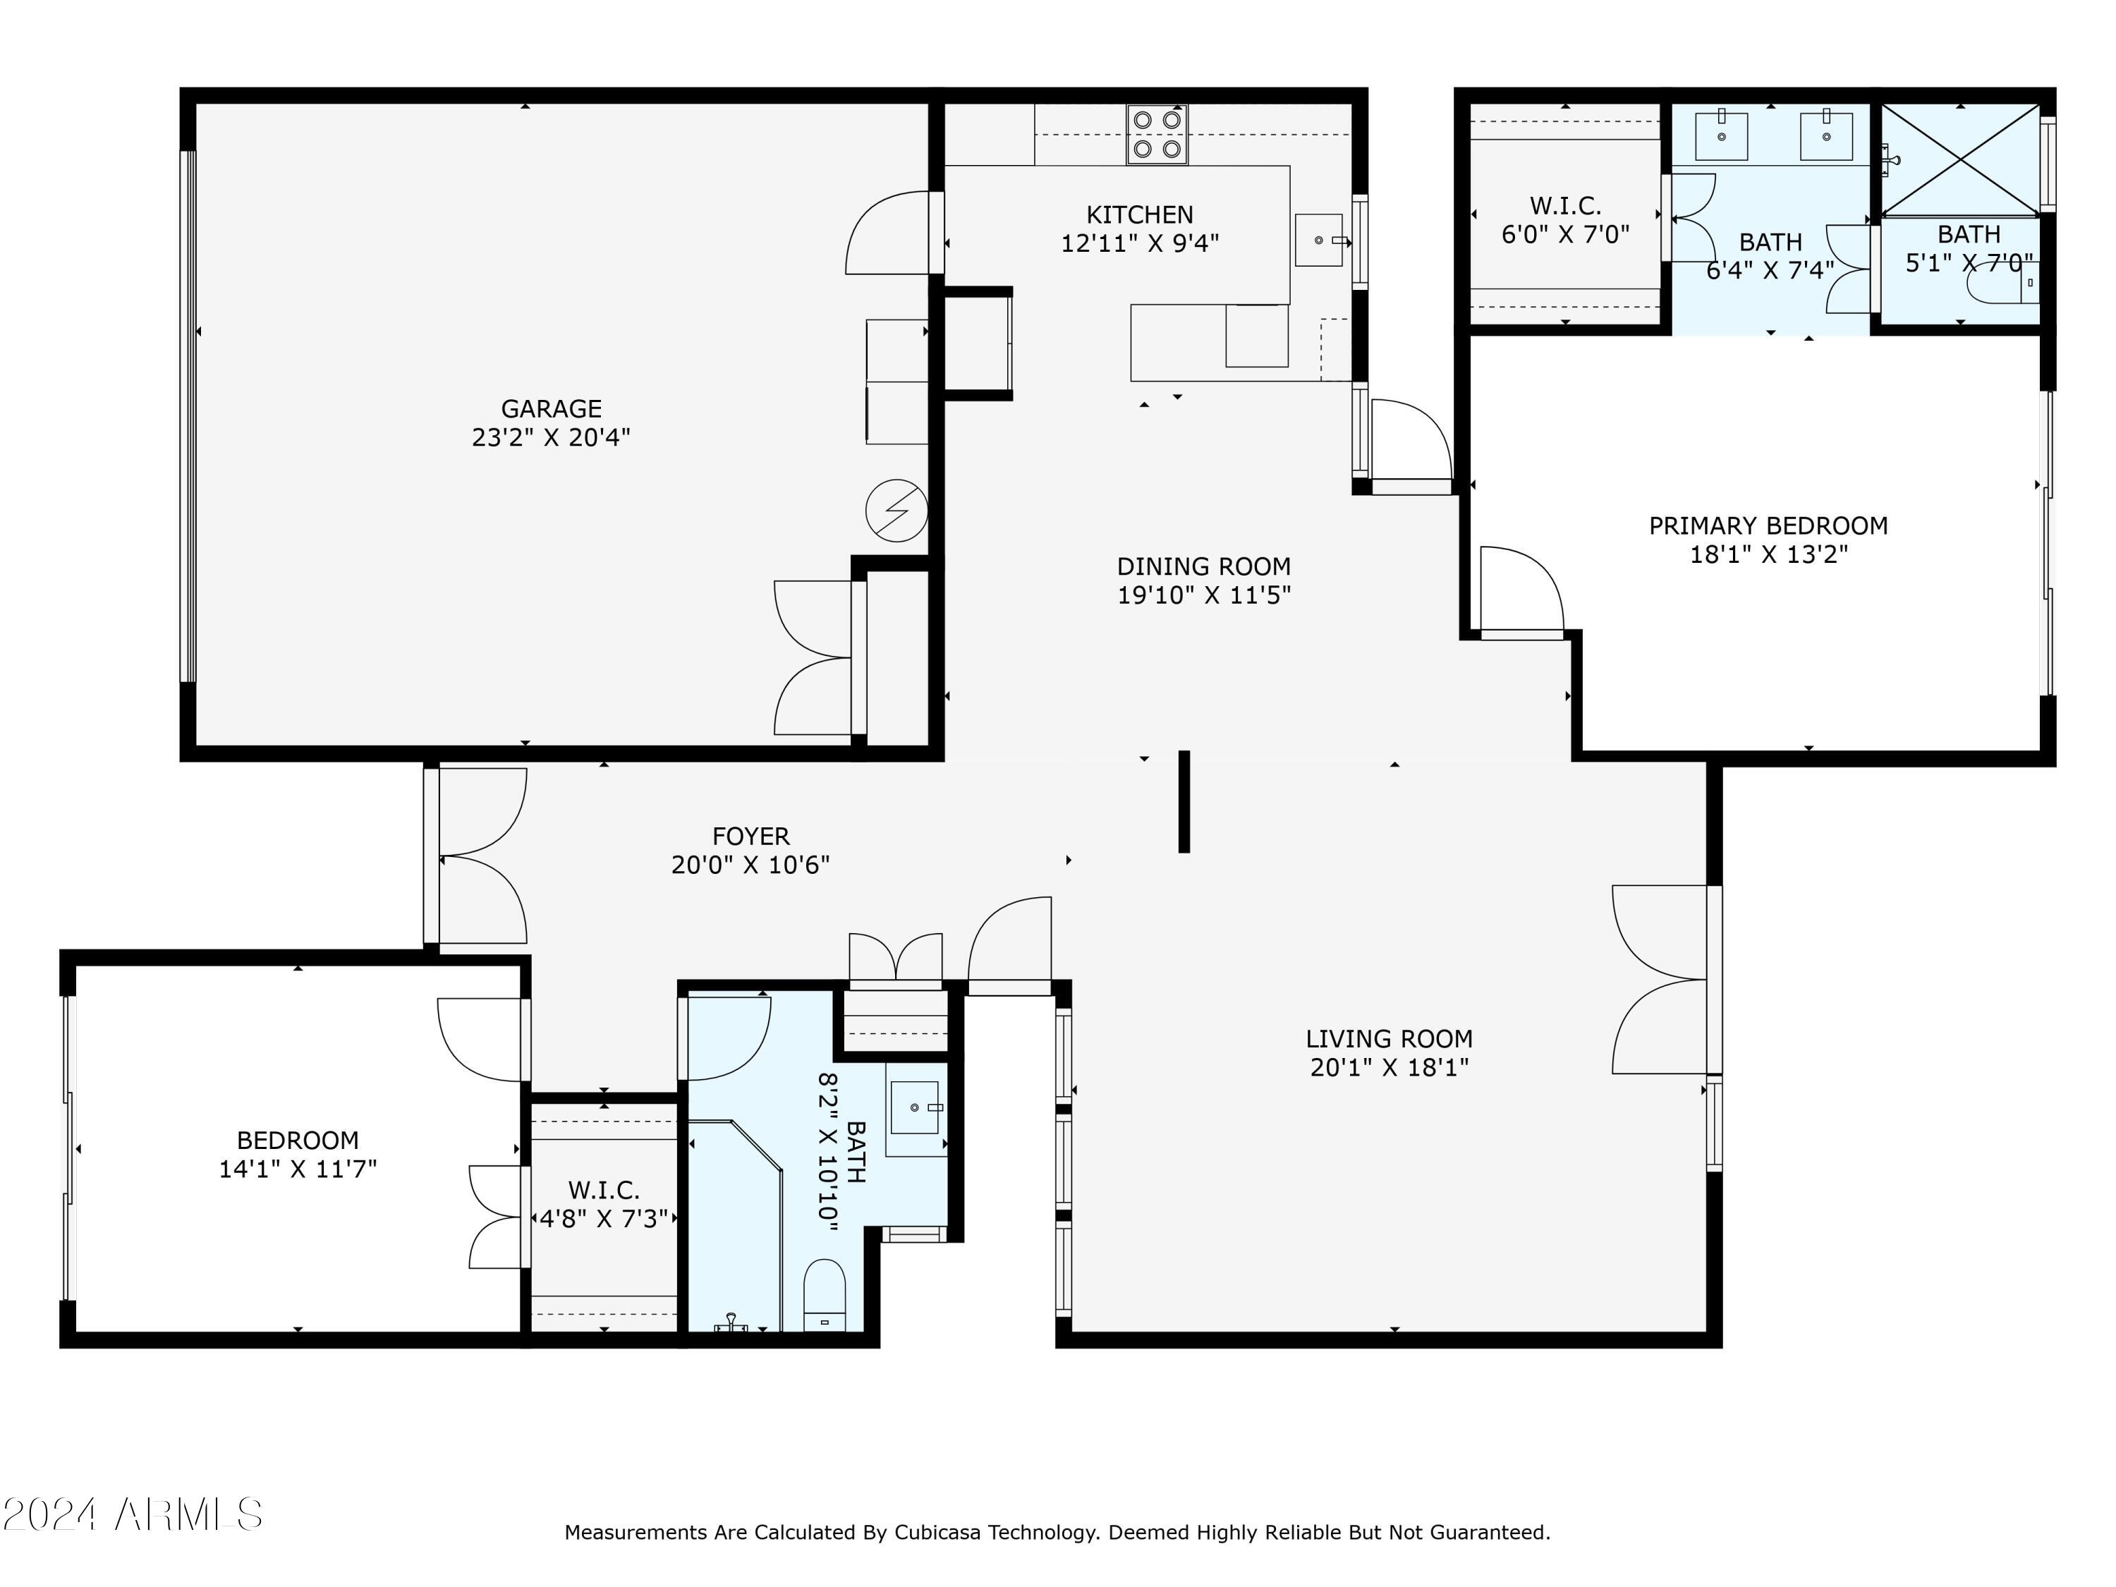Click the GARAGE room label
click(551, 409)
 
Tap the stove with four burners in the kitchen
click(1157, 135)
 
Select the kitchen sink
click(1319, 240)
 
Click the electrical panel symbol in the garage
click(896, 510)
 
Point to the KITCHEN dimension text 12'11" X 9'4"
click(1139, 243)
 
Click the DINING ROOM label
click(1203, 566)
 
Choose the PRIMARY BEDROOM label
click(1768, 526)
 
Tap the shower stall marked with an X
click(1960, 158)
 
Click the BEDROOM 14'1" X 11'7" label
click(298, 1155)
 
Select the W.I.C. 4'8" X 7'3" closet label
click(604, 1205)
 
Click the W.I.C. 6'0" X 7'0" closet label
click(1565, 220)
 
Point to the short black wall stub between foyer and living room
click(1184, 802)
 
